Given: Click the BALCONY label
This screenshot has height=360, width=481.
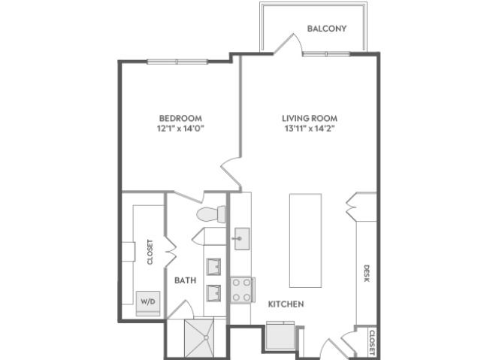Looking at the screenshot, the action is point(327,29).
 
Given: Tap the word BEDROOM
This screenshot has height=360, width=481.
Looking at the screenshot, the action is point(180,118).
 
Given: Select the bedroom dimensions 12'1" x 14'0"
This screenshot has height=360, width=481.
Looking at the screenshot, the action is point(180,129).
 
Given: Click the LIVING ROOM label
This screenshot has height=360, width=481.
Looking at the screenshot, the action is point(310,118).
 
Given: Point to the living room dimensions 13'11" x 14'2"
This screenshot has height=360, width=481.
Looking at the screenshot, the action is point(310,129).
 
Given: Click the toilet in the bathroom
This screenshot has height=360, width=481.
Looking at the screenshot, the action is point(211,214).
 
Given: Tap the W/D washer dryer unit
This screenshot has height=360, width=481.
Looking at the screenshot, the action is point(148,304).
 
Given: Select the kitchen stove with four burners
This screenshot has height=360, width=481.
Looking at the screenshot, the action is point(242,290).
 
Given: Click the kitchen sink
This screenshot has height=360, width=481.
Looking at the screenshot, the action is point(242,238).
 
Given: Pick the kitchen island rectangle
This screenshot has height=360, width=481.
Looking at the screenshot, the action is point(306,241).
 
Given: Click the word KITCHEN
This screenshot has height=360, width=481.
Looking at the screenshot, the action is point(286,304).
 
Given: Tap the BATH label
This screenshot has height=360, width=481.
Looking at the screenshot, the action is point(186,280).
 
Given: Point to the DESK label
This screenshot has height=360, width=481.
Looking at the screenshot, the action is point(367,274).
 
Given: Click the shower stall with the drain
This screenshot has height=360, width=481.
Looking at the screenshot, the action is point(199,338).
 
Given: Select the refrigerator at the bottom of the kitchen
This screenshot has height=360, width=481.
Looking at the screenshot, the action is point(280,335).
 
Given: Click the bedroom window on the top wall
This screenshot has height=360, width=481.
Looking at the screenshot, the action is point(177,62).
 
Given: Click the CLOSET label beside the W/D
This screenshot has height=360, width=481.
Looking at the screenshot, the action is point(150,252).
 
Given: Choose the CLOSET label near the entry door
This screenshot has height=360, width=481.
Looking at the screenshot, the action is point(372,343).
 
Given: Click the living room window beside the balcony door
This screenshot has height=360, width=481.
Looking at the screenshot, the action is point(326,54).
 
